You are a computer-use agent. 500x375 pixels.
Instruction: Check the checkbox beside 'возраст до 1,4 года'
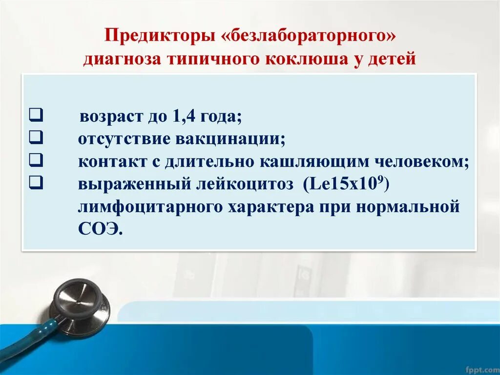tap(35, 116)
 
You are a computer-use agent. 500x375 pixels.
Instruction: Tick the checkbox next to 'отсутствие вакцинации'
tap(35, 138)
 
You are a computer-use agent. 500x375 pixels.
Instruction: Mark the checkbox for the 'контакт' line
tap(35, 161)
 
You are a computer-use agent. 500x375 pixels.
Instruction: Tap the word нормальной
tap(408, 207)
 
